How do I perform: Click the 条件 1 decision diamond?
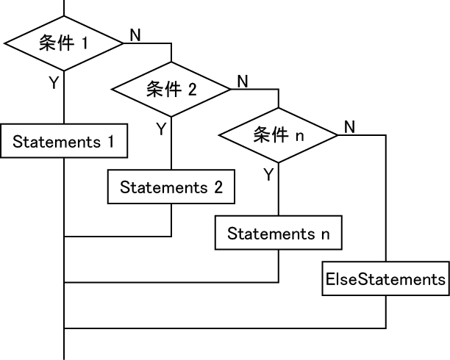(65, 43)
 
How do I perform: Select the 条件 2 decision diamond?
(171, 89)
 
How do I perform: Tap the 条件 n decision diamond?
(279, 136)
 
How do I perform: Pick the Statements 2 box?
(171, 187)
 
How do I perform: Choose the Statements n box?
(279, 234)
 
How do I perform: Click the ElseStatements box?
(386, 280)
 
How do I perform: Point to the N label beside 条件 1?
(135, 35)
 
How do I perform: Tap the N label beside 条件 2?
(243, 81)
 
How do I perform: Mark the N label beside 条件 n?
(349, 127)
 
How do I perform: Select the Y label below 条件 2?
(161, 129)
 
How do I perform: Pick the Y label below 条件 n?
(268, 175)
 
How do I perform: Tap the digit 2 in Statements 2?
(218, 187)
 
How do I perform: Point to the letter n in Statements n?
(325, 235)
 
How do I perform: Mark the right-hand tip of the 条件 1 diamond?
(124, 43)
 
